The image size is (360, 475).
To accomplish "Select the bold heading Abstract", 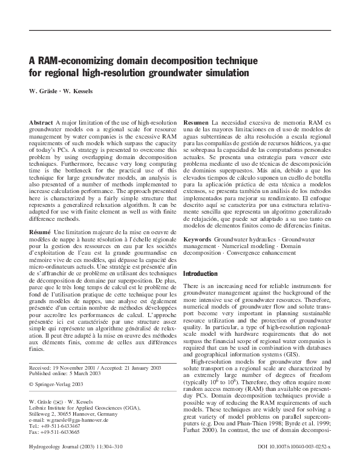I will [x=41, y=123].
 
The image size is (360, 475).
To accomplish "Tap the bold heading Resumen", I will [x=196, y=123].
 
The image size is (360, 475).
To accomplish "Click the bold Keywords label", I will [x=198, y=240].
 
